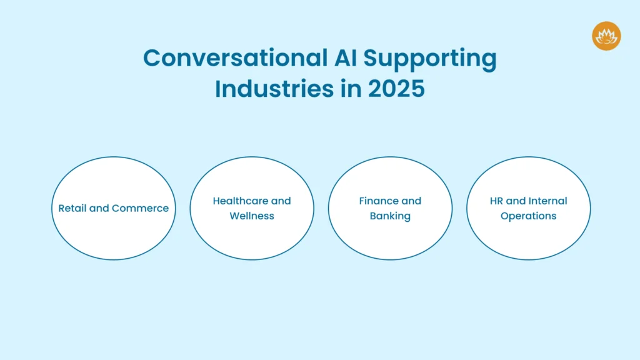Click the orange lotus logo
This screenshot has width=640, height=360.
point(606,36)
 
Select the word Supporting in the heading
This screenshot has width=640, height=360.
point(431,59)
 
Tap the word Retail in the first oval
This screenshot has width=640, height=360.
point(72,208)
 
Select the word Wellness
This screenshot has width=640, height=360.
point(252,216)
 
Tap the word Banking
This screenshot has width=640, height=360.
point(390,216)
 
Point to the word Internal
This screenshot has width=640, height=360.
point(547,201)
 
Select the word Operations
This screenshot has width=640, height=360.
point(528,216)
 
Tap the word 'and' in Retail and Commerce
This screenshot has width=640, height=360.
point(100,208)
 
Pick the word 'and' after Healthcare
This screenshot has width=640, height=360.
point(281,201)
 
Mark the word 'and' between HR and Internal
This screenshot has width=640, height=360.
point(516,201)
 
